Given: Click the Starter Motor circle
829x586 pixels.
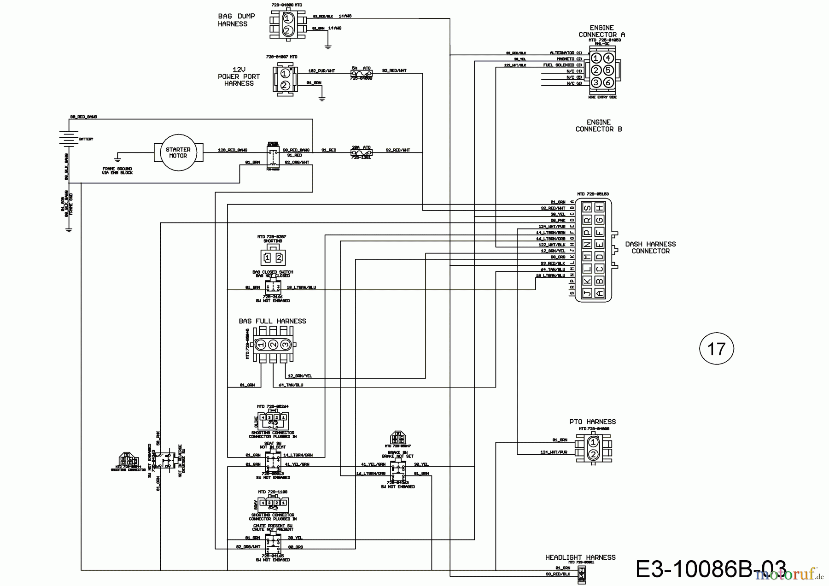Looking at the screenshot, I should pos(178,152).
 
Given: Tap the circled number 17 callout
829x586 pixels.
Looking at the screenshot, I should pos(716,349).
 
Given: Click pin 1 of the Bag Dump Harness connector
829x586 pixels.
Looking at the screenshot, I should pos(287,19).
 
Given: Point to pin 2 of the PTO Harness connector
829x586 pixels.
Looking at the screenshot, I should pos(593,454).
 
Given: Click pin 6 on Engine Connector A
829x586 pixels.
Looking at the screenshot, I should pos(608,82).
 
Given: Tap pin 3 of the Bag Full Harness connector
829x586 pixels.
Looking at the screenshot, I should pos(285,345).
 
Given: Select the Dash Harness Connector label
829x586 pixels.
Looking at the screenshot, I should pos(650,247).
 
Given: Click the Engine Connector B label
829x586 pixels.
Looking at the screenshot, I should pos(599,126).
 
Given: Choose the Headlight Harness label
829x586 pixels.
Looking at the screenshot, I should pos(580,557).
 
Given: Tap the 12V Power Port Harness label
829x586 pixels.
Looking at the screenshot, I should pos(239,76).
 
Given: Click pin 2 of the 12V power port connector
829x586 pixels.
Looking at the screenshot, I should pos(285,85).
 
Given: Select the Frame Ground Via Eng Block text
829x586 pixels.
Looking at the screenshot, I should pos(117,171).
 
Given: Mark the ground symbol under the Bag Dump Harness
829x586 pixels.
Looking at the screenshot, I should pos(327,46).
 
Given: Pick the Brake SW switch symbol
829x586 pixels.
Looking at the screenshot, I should pos(397,469).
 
